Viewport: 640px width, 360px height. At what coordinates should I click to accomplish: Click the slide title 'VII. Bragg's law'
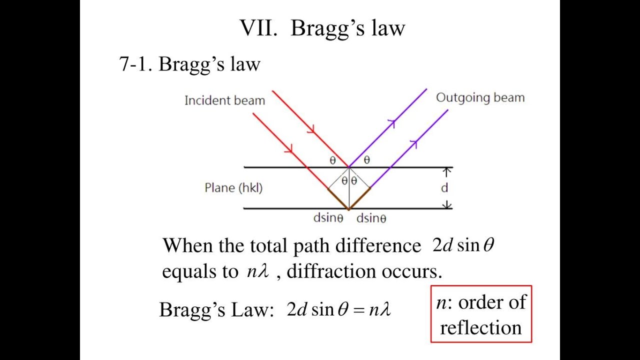[x=322, y=28]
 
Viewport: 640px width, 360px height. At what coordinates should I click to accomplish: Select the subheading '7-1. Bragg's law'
[x=189, y=64]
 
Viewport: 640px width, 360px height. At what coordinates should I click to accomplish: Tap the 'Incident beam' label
[x=224, y=100]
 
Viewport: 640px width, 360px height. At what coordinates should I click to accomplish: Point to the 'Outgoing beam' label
[x=480, y=97]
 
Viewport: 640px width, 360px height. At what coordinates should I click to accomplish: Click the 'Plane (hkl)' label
[x=233, y=188]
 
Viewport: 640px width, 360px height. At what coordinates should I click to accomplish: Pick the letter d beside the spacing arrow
[x=444, y=188]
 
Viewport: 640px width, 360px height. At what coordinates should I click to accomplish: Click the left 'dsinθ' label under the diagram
[x=328, y=218]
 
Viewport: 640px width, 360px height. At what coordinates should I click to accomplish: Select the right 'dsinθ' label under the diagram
[x=371, y=218]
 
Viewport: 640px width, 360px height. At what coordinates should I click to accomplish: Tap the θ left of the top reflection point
[x=332, y=160]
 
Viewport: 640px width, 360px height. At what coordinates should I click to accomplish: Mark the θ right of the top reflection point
[x=366, y=160]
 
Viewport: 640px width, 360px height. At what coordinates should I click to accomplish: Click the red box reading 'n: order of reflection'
[x=481, y=314]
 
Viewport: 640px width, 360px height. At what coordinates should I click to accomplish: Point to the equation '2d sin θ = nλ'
[x=338, y=310]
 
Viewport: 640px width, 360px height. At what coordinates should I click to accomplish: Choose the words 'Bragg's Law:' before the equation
[x=216, y=310]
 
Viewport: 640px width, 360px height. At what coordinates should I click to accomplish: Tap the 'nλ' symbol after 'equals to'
[x=258, y=271]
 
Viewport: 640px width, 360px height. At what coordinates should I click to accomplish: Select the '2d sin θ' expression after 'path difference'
[x=463, y=245]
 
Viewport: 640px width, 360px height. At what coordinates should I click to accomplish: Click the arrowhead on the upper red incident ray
[x=311, y=129]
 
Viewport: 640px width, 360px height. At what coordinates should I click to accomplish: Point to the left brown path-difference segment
[x=338, y=198]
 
